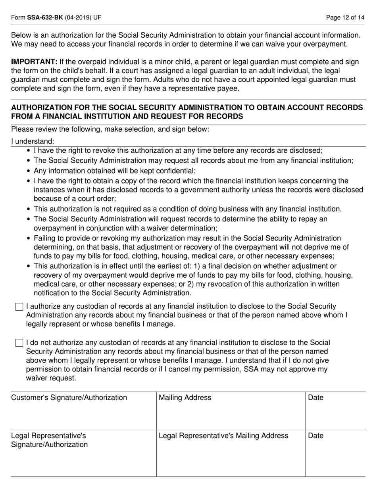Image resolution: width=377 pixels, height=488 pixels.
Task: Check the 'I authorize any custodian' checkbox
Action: click(x=19, y=307)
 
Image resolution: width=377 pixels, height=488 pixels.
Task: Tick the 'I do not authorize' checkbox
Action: click(x=19, y=343)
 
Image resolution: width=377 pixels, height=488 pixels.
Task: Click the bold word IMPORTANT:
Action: click(x=35, y=62)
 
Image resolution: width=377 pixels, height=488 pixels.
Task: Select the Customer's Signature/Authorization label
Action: click(x=69, y=398)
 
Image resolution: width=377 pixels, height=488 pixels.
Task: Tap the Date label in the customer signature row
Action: click(x=316, y=398)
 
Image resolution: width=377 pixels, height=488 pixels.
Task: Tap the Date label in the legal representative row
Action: click(x=316, y=436)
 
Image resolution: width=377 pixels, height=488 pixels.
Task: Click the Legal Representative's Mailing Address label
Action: click(x=223, y=436)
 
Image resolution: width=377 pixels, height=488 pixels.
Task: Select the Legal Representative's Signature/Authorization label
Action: click(x=50, y=440)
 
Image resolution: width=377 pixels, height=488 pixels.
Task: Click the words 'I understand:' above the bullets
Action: click(x=33, y=142)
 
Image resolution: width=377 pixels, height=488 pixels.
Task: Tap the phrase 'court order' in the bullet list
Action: click(x=98, y=198)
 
